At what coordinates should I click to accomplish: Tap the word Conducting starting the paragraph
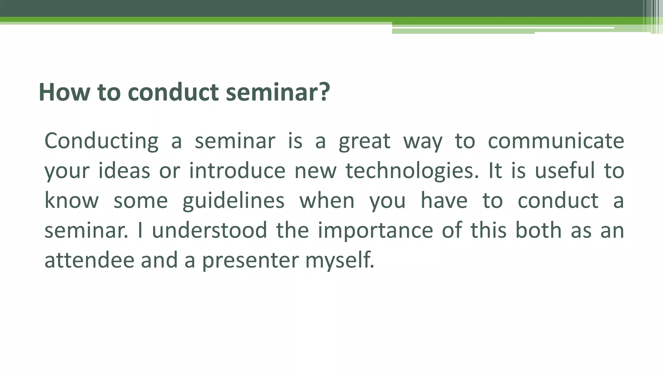(x=101, y=141)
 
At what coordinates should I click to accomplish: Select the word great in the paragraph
(x=365, y=141)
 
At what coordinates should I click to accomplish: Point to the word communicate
(x=556, y=141)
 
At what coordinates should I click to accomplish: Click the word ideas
(x=124, y=171)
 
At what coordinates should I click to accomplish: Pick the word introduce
(x=237, y=171)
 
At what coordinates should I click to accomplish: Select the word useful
(x=565, y=171)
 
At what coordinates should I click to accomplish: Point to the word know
(x=71, y=200)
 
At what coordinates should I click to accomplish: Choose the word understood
(x=209, y=230)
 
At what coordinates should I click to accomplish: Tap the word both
(x=538, y=230)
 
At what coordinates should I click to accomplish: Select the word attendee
(x=89, y=260)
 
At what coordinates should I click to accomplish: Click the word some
(x=140, y=200)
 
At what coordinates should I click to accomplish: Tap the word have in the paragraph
(x=444, y=200)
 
